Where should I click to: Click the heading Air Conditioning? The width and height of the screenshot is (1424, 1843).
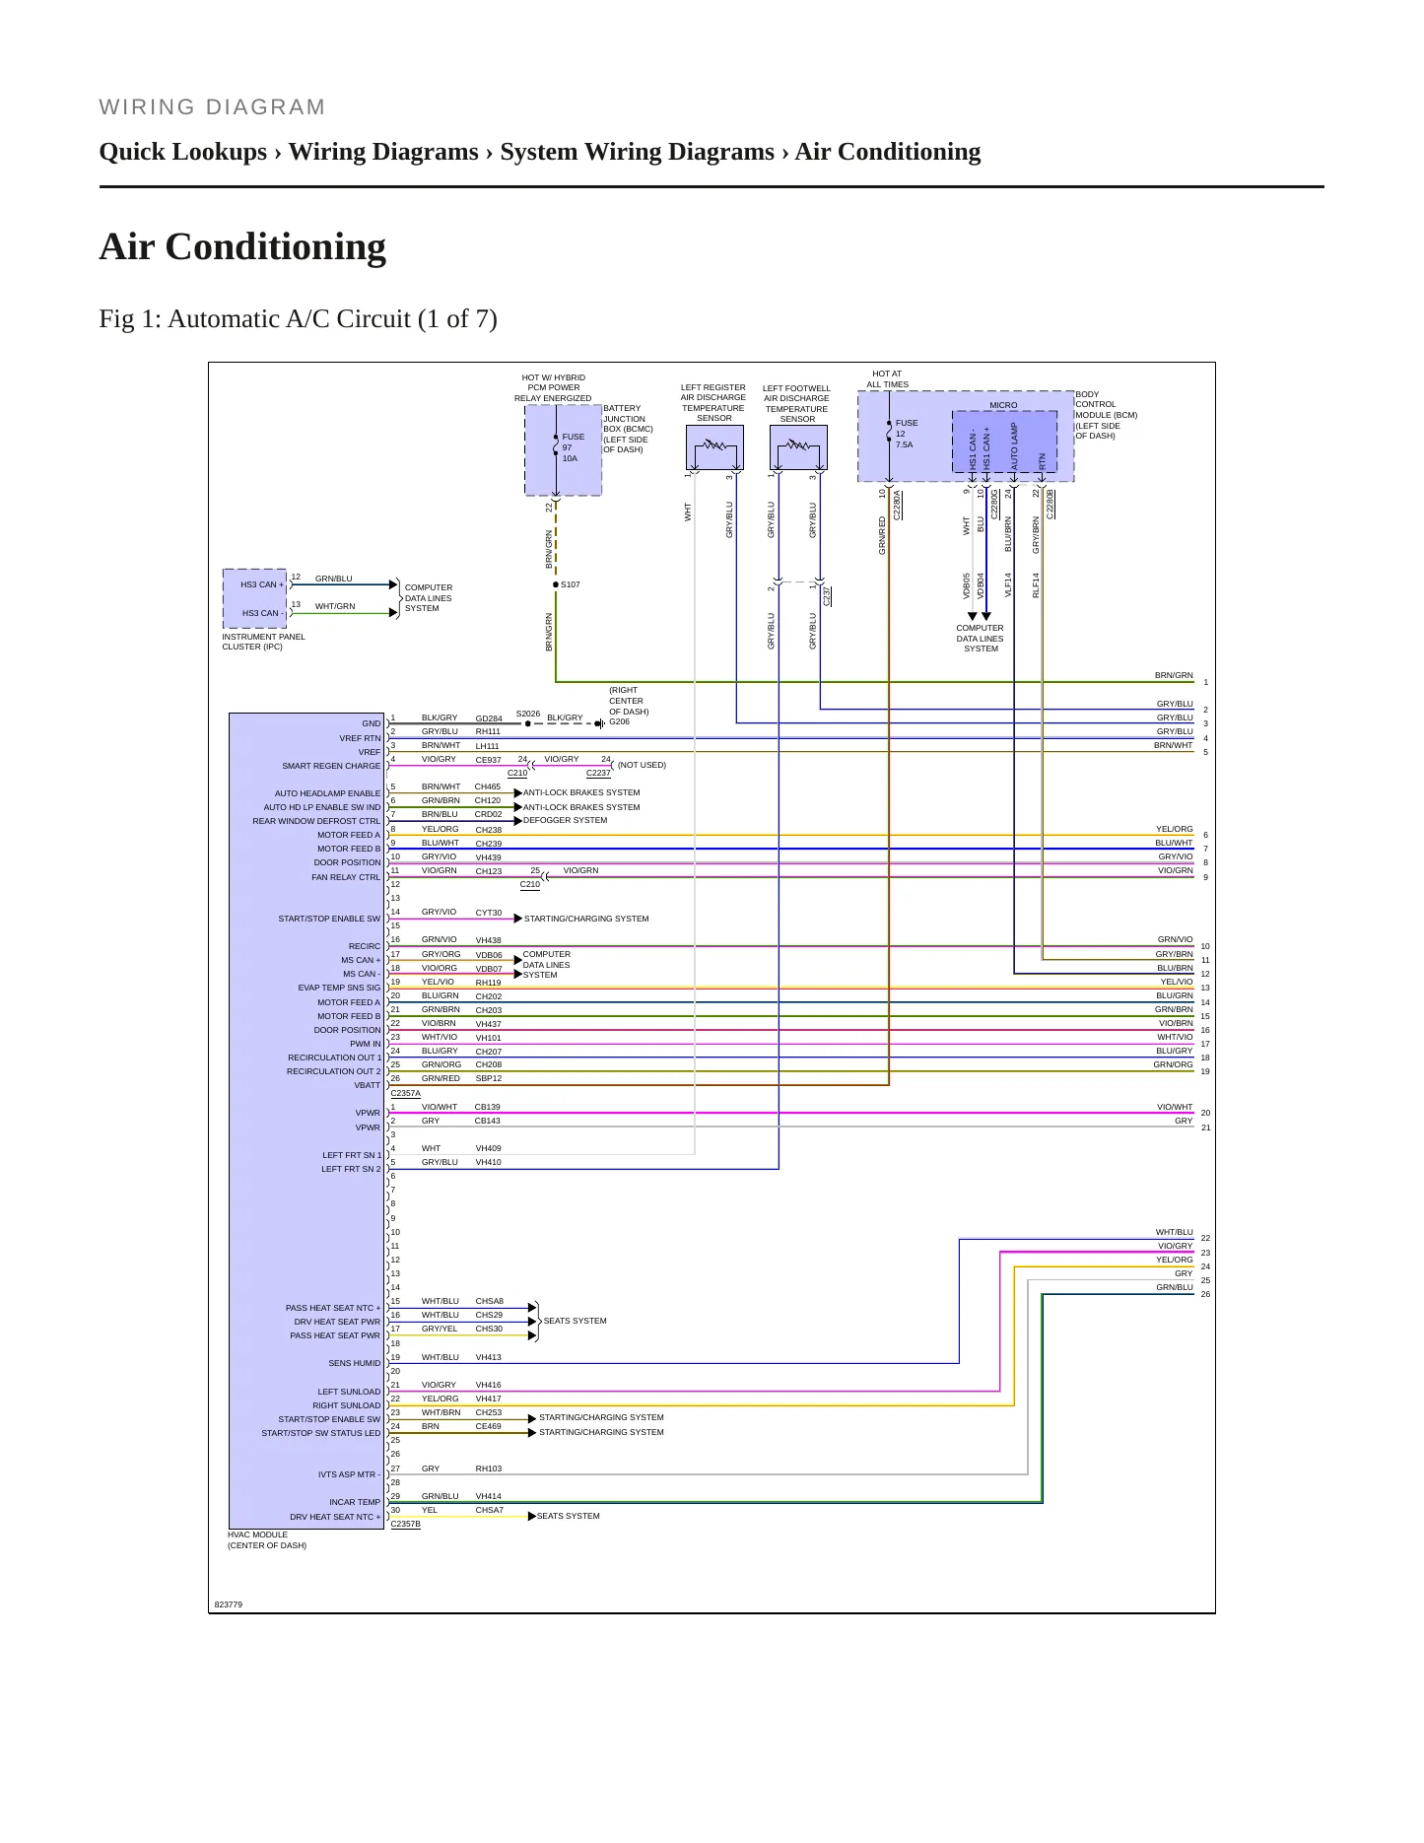[x=242, y=246]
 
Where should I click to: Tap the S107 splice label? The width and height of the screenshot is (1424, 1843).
[x=571, y=584]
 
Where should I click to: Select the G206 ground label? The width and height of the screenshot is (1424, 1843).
[x=620, y=721]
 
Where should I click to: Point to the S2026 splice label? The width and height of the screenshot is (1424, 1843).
[x=528, y=714]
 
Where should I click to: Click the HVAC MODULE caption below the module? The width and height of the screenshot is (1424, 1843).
[x=267, y=1539]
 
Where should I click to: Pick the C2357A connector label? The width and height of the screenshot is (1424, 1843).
[x=406, y=1093]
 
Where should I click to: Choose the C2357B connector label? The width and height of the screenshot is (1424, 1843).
[x=406, y=1525]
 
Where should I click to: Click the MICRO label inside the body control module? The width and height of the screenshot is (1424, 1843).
[x=1003, y=405]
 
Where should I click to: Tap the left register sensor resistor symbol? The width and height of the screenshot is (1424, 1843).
[x=714, y=447]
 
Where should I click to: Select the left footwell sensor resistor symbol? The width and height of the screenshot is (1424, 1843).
[x=798, y=447]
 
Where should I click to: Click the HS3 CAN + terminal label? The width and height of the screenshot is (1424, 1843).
[x=262, y=584]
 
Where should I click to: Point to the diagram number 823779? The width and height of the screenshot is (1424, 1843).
[x=229, y=1604]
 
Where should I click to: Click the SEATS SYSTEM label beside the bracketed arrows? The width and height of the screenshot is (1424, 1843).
[x=576, y=1321]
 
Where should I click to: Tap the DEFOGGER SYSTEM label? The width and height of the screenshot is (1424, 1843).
[x=565, y=820]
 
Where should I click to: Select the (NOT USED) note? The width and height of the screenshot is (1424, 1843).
[x=642, y=765]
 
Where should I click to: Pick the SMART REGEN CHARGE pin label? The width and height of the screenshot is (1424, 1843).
[x=331, y=766]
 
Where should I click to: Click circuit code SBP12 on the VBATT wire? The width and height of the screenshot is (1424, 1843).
[x=489, y=1078]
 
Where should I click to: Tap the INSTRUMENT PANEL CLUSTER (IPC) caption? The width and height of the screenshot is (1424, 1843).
[x=264, y=642]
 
